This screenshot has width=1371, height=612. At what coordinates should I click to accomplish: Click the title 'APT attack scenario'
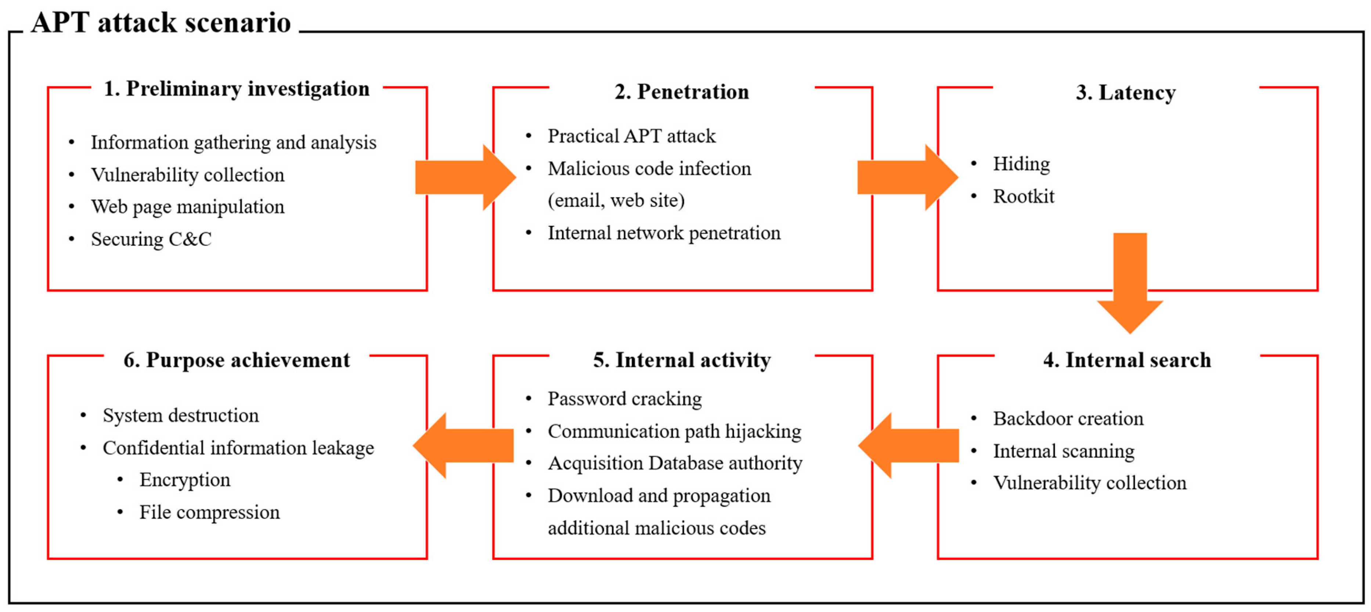click(x=161, y=22)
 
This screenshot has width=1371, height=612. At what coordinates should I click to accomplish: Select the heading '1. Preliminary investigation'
click(x=236, y=89)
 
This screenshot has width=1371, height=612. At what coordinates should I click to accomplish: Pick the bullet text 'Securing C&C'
click(x=151, y=239)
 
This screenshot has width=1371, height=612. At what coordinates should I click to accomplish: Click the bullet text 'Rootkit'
click(x=1023, y=197)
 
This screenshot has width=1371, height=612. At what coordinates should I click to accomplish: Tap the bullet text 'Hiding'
click(x=1021, y=164)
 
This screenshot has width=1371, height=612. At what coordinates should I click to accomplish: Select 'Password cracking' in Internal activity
click(x=624, y=399)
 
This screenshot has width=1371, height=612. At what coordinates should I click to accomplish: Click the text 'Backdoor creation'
click(x=1068, y=418)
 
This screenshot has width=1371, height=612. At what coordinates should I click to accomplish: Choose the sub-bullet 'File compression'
click(x=209, y=512)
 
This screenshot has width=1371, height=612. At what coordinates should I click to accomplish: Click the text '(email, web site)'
click(x=616, y=201)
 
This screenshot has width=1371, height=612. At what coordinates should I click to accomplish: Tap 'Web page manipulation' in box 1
click(x=187, y=206)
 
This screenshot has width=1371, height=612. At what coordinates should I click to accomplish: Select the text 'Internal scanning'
click(x=1063, y=451)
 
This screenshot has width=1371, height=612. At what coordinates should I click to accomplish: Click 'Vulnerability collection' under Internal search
click(x=1089, y=483)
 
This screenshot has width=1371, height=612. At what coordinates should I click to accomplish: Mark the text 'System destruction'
click(x=180, y=415)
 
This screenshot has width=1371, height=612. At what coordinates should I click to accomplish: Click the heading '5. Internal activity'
click(x=681, y=360)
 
